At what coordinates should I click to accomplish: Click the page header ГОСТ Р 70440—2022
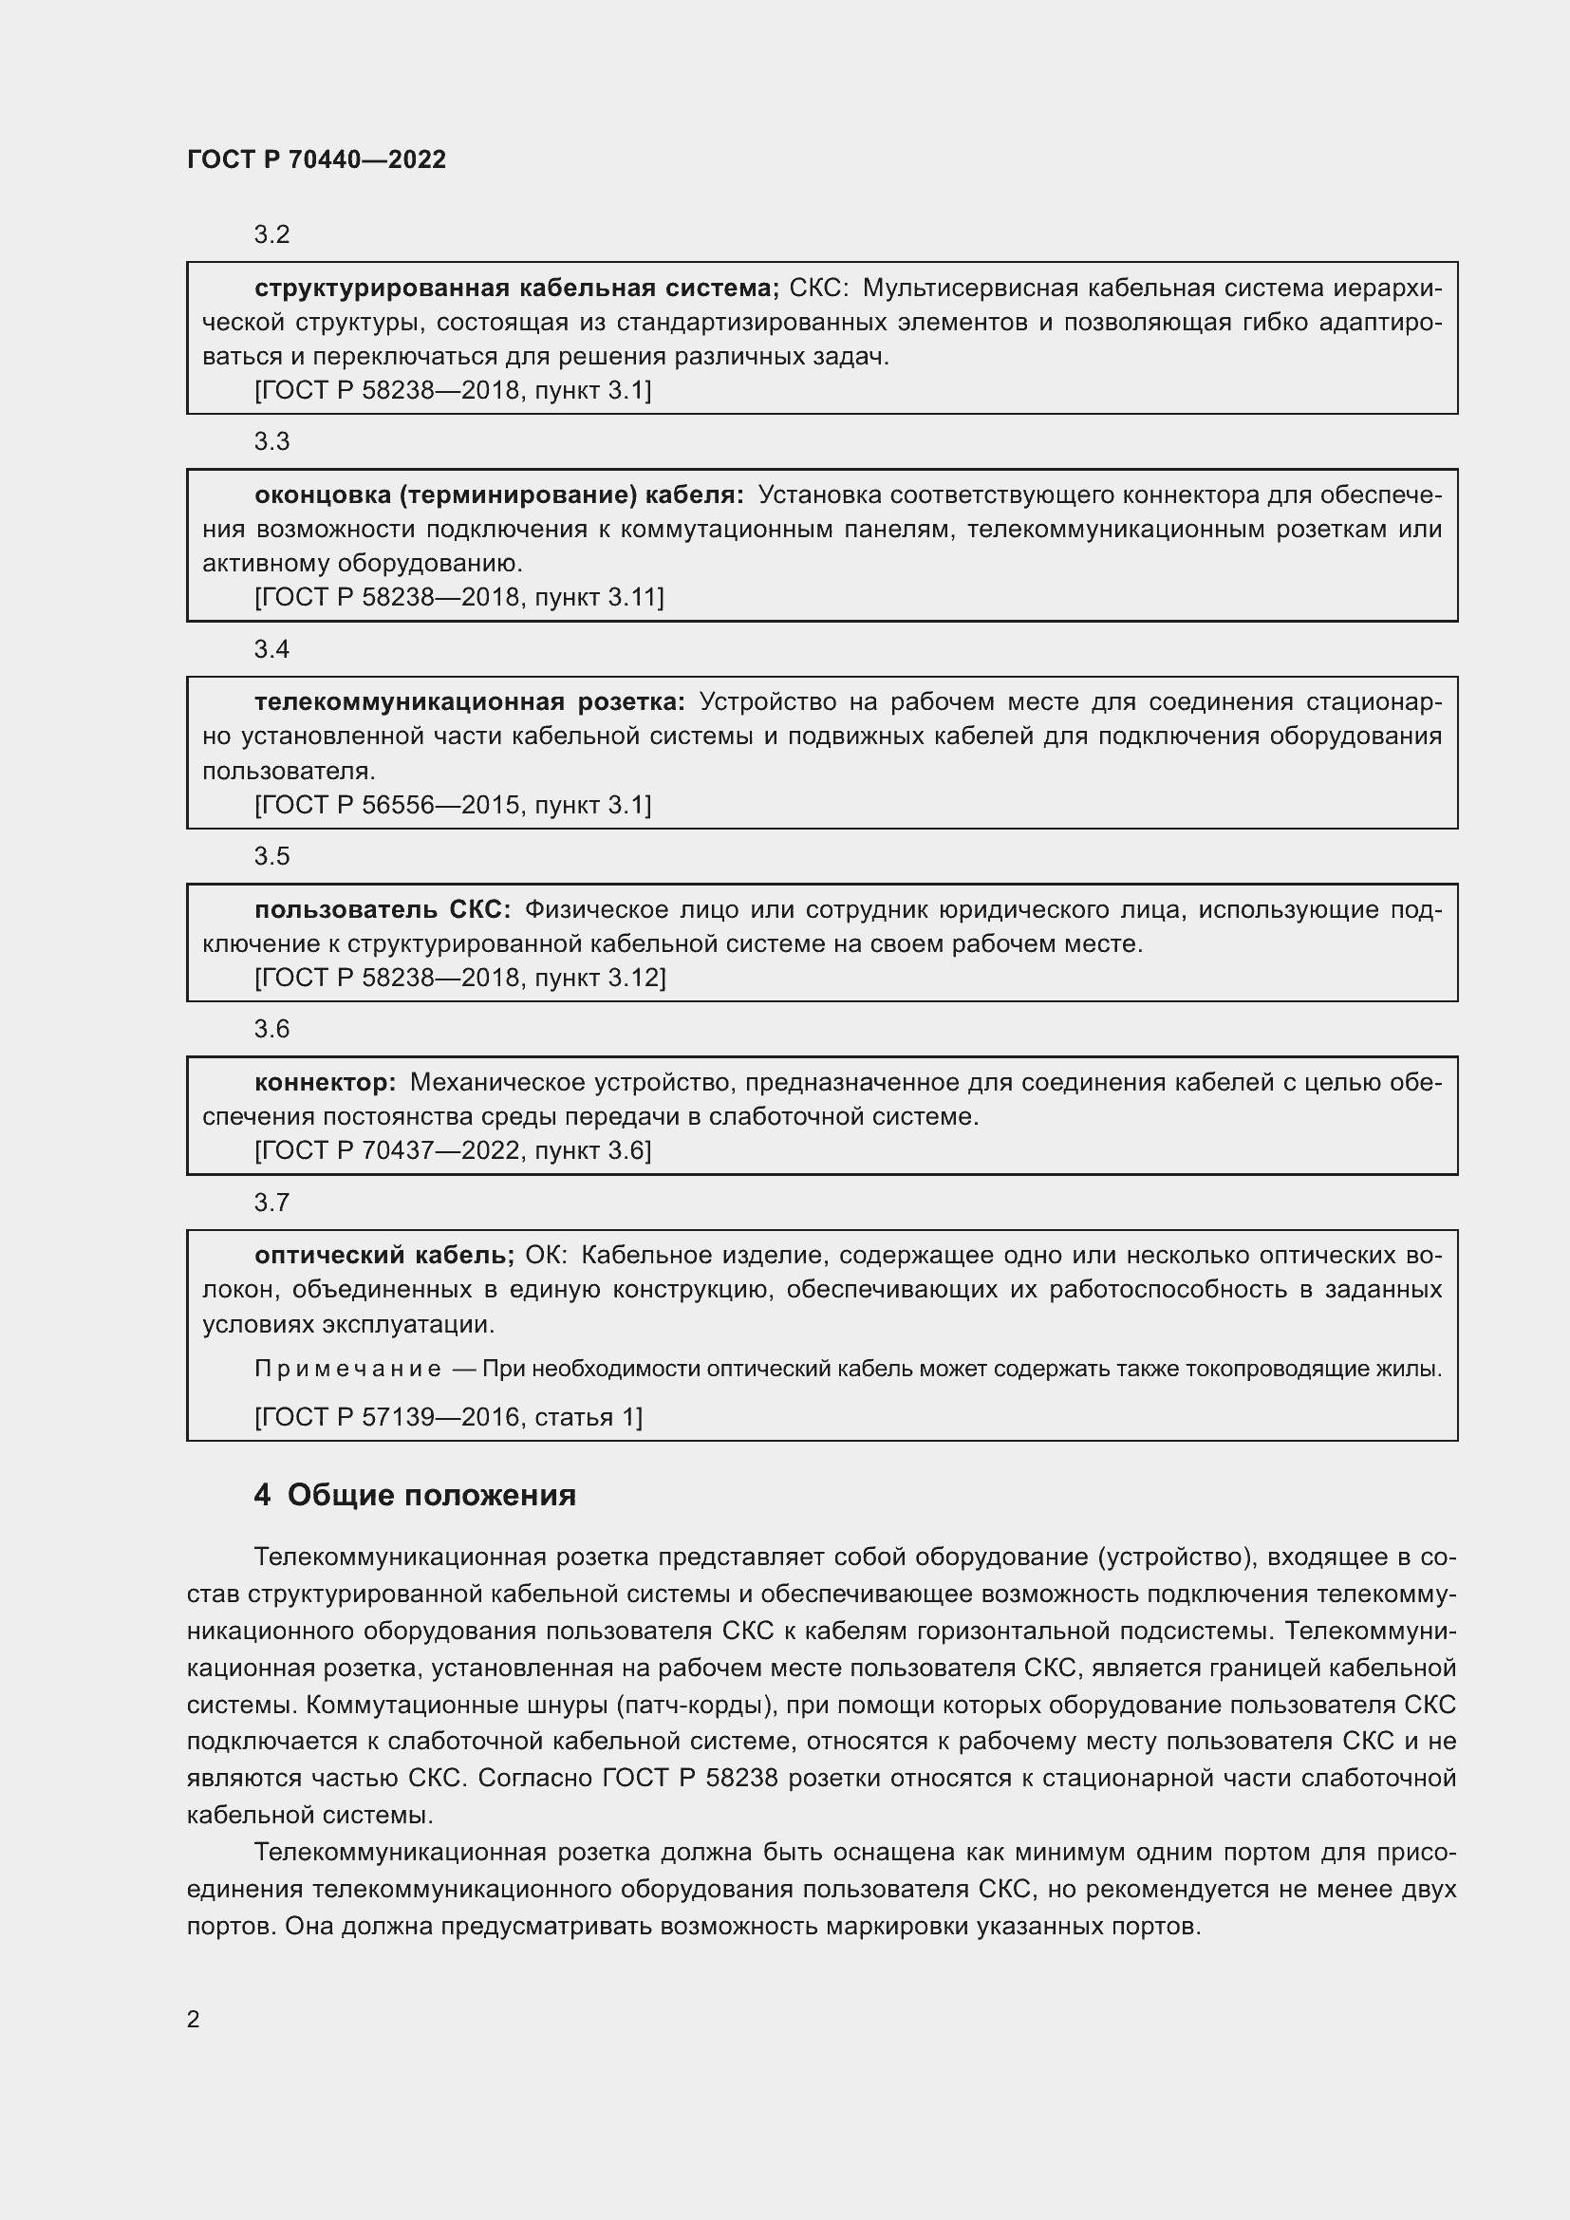click(x=316, y=159)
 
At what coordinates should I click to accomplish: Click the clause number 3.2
click(x=271, y=235)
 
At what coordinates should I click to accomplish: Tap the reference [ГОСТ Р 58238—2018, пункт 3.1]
click(x=453, y=391)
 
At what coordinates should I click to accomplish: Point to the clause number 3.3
click(x=271, y=442)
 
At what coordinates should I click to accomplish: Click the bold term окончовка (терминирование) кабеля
click(x=499, y=495)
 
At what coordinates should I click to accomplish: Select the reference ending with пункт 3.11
click(x=459, y=598)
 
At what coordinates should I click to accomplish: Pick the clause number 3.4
click(x=271, y=649)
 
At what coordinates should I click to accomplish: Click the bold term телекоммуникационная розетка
click(x=470, y=702)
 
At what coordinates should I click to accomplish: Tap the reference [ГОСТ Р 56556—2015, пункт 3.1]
click(x=453, y=805)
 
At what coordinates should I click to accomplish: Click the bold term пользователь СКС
click(x=383, y=910)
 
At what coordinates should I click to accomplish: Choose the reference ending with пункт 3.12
click(x=460, y=978)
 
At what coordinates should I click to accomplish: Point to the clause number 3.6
click(x=271, y=1029)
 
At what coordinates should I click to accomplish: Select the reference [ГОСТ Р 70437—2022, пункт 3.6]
click(x=453, y=1150)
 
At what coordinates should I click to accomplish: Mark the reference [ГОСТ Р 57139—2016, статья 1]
click(x=449, y=1417)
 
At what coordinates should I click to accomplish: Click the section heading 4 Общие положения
click(x=415, y=1495)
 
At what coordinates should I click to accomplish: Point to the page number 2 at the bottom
click(x=194, y=2019)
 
